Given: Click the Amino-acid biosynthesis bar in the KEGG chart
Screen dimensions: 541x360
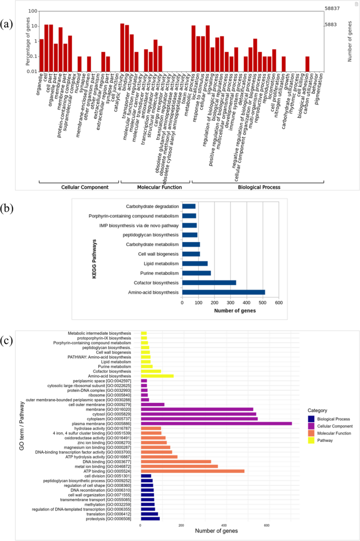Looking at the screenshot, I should [x=223, y=292].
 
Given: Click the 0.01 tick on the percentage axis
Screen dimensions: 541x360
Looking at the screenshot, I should [x=31, y=71].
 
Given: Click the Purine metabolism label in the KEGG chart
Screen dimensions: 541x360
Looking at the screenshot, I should [x=161, y=273].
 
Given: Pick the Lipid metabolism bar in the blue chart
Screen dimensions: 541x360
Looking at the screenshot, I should [x=194, y=264].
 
